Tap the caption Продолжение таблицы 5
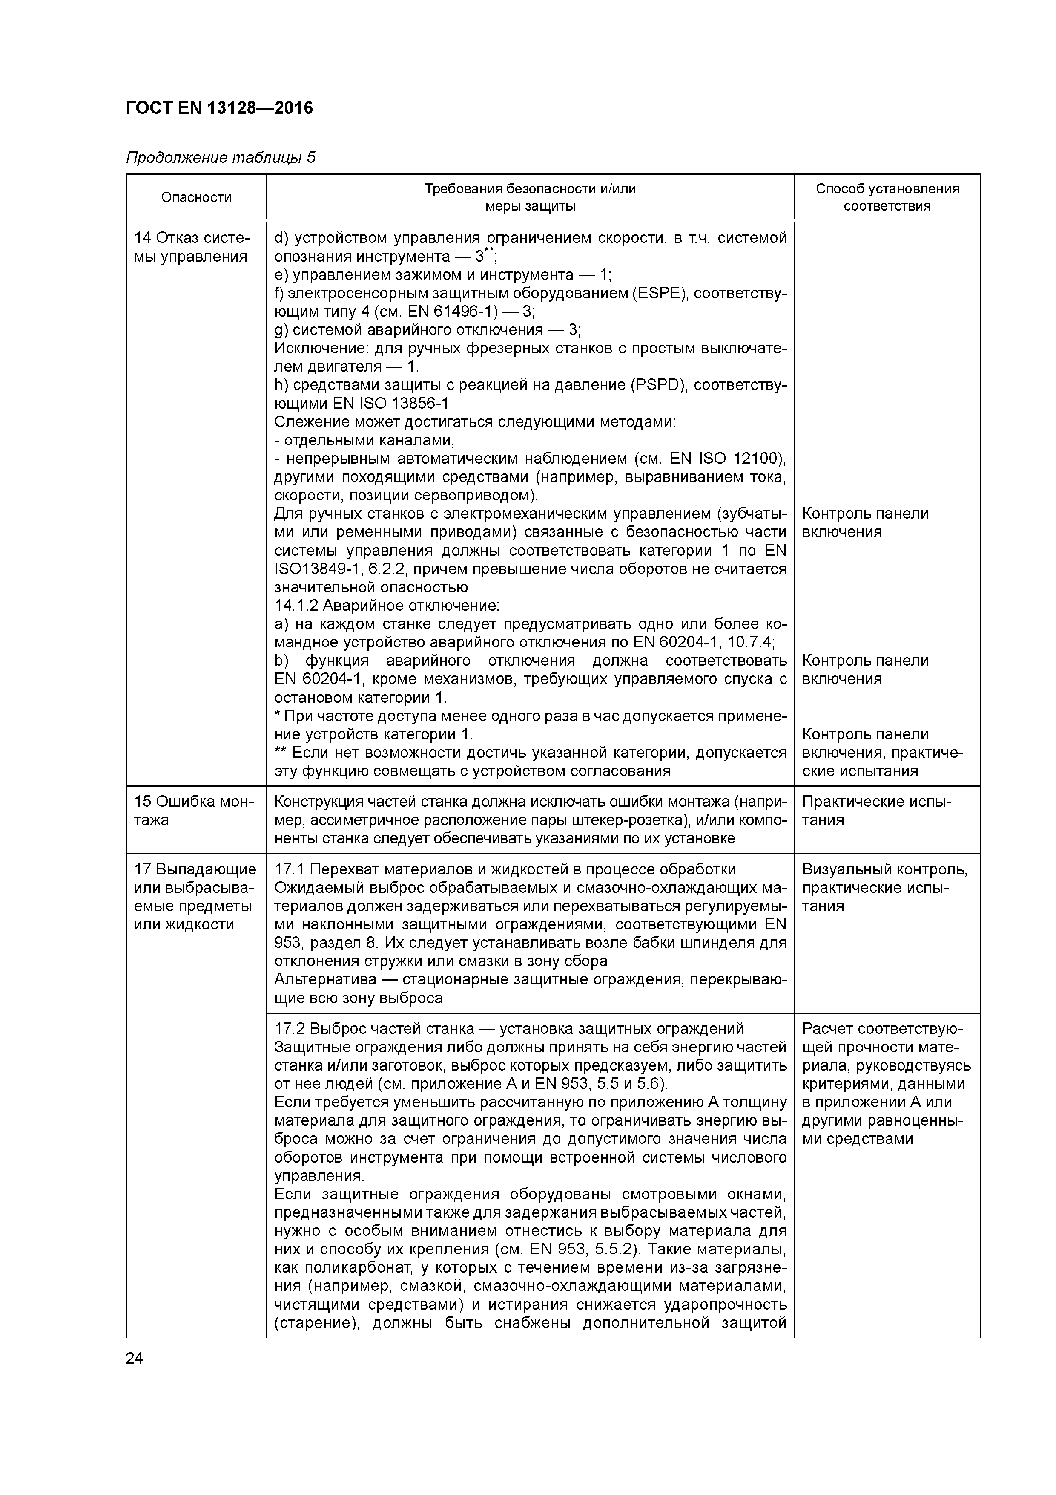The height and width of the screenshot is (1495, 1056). tap(221, 158)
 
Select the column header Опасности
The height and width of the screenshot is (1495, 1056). tap(196, 197)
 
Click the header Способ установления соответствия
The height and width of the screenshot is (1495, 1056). tap(887, 197)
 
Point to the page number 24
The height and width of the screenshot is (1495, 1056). tap(134, 1359)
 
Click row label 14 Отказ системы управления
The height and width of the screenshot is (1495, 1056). tap(191, 248)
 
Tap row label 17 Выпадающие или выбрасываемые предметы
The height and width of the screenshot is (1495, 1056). tap(195, 897)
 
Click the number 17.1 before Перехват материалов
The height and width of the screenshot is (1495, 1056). tap(289, 869)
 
